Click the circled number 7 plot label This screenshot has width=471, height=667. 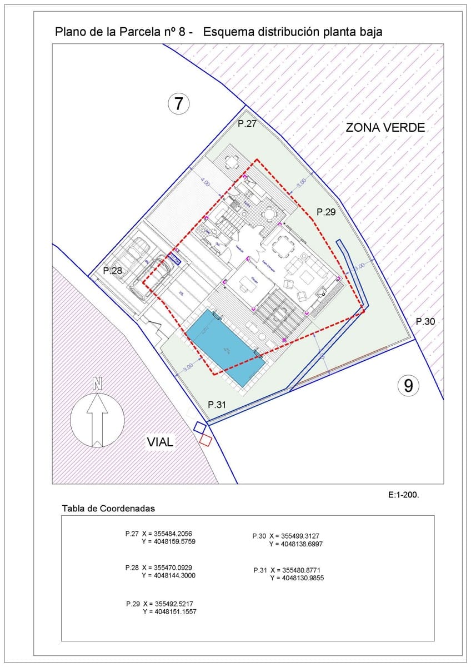click(x=179, y=103)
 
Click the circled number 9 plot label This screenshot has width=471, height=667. click(x=408, y=385)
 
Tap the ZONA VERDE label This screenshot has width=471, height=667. click(x=385, y=127)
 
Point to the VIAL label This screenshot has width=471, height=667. click(x=161, y=442)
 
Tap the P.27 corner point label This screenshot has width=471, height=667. click(x=247, y=124)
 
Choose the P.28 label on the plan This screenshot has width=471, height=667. click(x=113, y=271)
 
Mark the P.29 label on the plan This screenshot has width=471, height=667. click(x=326, y=212)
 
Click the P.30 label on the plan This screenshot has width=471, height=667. click(x=426, y=321)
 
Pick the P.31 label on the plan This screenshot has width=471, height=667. click(x=217, y=404)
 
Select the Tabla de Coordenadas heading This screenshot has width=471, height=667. click(x=108, y=508)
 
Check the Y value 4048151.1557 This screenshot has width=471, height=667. click(x=172, y=611)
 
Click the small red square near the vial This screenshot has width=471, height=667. click(x=206, y=440)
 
